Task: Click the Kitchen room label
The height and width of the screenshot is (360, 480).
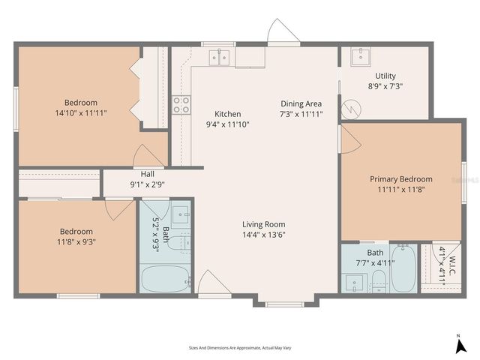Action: (x=227, y=114)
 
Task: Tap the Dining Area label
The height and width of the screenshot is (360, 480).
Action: (x=301, y=103)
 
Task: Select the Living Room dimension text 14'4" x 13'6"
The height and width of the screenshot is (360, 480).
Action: (x=263, y=235)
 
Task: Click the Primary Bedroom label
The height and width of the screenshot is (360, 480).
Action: (x=401, y=179)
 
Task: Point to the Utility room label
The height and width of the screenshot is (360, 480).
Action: (x=385, y=76)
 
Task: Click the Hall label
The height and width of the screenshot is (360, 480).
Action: (x=148, y=174)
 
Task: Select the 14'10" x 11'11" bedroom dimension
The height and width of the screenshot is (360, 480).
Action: (x=80, y=113)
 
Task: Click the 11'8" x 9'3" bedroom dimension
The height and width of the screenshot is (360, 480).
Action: (x=76, y=241)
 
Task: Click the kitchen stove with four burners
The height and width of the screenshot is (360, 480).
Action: (x=181, y=105)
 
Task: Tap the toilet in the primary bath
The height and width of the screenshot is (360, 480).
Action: (x=379, y=280)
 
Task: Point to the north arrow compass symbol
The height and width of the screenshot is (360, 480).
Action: (x=458, y=344)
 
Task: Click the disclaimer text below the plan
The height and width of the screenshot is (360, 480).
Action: (x=240, y=348)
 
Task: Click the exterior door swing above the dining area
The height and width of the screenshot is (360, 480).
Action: (x=283, y=33)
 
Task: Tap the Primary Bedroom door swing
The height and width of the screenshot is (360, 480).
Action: (x=349, y=139)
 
